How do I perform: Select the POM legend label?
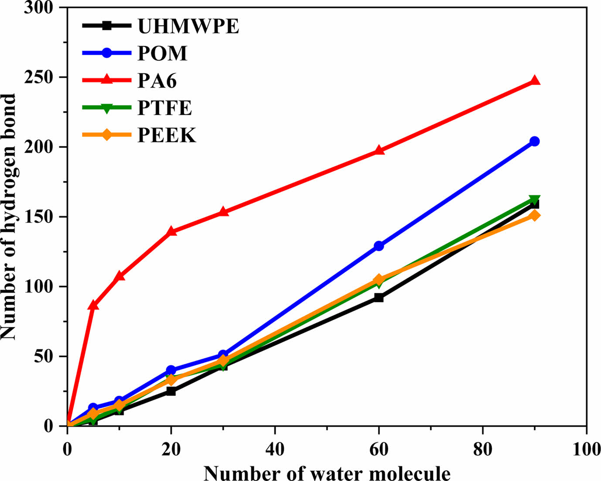point(162,53)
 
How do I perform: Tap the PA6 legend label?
point(157,81)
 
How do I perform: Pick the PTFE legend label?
point(164,108)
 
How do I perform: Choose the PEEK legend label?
point(167,135)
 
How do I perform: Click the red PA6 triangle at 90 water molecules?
point(534,81)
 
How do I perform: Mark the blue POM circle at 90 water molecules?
point(534,141)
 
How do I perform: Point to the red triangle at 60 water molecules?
point(379,151)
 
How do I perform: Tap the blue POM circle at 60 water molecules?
point(379,246)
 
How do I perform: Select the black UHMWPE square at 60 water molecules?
point(379,298)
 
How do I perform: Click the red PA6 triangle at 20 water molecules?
point(171,231)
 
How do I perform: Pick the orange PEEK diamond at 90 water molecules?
point(534,215)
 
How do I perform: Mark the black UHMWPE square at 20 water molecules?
point(171,391)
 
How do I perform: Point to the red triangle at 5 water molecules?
point(93,305)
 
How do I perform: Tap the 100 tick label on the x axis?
point(586,450)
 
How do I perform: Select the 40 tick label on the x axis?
point(275,450)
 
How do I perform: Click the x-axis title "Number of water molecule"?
point(327,473)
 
